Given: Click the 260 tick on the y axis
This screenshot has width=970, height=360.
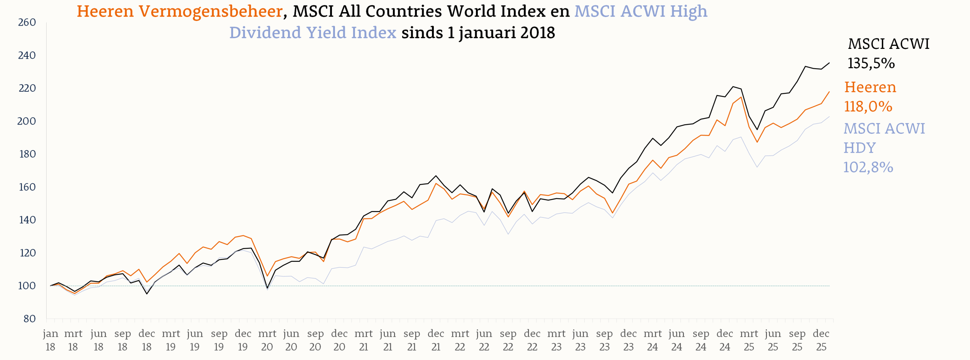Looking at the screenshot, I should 27,23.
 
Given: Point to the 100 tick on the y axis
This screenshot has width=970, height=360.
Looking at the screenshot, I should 27,286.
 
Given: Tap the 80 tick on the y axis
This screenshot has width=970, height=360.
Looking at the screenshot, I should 29,319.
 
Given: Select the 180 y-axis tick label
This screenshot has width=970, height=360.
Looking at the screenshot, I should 27,154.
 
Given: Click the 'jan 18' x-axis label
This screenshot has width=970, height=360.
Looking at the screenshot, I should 50,340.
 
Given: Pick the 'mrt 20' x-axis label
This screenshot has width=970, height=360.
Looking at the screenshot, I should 267,340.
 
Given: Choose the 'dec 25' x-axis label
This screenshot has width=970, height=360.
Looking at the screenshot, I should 821,340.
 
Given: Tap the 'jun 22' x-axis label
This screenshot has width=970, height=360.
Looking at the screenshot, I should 484,340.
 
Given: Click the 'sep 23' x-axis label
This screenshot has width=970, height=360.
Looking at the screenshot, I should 604,340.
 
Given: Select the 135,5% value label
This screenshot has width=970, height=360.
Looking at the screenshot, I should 871,63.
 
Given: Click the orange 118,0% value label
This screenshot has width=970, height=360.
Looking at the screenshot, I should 868,106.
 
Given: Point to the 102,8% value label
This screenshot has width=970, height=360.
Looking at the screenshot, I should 868,167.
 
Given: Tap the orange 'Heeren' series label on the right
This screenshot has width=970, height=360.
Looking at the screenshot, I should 870,87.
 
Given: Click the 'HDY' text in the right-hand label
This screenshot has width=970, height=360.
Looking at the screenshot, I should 859,148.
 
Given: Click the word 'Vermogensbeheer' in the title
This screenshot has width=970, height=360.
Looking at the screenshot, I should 210,11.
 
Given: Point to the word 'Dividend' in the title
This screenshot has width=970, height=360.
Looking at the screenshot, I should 265,33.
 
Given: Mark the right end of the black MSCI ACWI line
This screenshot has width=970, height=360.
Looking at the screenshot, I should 829,63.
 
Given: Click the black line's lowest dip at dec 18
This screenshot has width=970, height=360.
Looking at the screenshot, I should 147,294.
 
